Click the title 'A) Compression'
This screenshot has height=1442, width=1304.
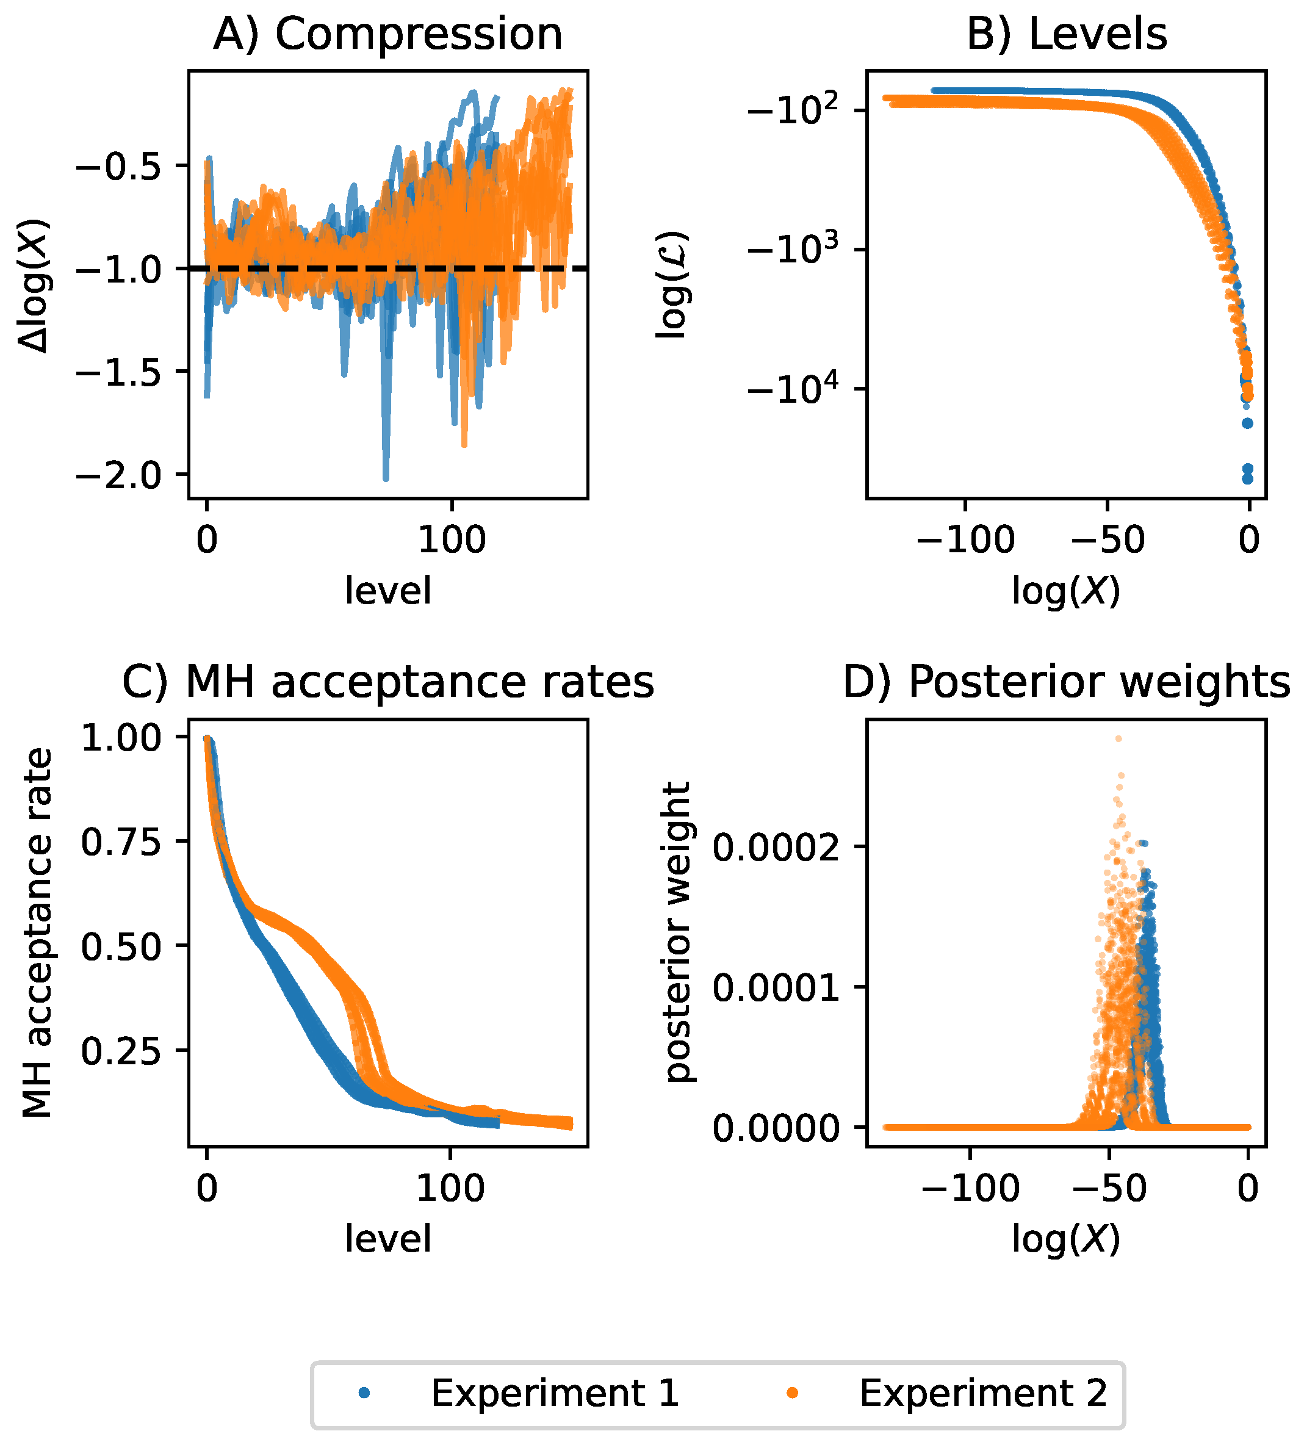[387, 34]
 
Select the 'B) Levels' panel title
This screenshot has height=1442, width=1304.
[1066, 34]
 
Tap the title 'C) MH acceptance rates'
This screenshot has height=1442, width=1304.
[387, 682]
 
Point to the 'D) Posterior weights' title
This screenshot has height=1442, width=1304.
[1066, 682]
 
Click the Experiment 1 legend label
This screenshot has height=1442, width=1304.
[554, 1394]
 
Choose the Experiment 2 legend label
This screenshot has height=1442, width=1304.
[983, 1394]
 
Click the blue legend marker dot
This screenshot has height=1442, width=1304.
[365, 1393]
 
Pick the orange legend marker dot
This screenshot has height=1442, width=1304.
[793, 1393]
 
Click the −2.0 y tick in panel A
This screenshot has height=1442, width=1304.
[120, 475]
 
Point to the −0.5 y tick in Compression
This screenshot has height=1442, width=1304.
[120, 166]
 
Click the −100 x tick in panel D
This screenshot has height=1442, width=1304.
[970, 1188]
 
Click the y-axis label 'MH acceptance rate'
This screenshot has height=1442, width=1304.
[37, 932]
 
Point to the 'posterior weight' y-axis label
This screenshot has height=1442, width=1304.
[677, 932]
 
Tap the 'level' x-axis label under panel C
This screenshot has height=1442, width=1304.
[387, 1238]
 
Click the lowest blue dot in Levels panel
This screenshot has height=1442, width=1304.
[1247, 478]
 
